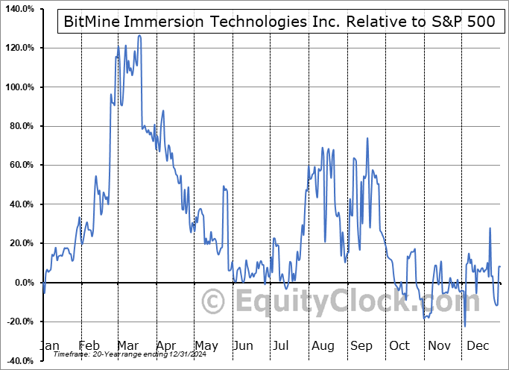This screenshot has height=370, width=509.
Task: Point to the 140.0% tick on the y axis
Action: click(18, 9)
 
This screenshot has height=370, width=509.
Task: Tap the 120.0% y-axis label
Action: click(18, 48)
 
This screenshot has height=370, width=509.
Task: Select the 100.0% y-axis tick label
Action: click(18, 87)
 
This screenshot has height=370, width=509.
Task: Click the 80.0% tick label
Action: click(20, 126)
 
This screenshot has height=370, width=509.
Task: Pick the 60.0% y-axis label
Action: click(20, 165)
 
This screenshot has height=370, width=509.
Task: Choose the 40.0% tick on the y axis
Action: click(20, 204)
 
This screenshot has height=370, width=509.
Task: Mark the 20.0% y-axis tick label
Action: click(20, 243)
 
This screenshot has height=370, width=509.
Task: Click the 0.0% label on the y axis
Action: click(22, 283)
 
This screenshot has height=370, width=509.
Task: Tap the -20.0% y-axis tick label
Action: click(19, 322)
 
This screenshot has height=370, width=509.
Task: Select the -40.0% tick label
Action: click(19, 360)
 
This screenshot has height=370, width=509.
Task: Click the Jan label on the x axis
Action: click(48, 346)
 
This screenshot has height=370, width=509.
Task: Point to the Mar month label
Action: click(127, 346)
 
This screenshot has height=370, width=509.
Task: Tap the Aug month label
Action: click(323, 346)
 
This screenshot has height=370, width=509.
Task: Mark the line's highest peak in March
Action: click(139, 35)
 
